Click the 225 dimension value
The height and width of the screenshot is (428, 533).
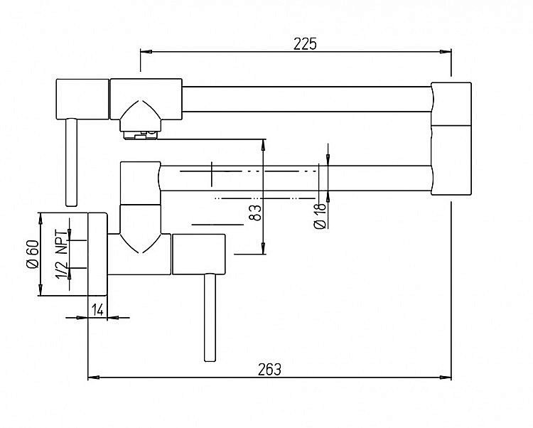(x=305, y=44)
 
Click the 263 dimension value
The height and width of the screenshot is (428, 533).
(x=269, y=370)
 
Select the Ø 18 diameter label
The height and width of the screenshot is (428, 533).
(x=321, y=216)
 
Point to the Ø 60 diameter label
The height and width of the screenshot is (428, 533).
(x=33, y=255)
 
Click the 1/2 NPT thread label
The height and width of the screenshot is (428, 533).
(x=62, y=254)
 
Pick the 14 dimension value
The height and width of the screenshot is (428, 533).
(x=97, y=310)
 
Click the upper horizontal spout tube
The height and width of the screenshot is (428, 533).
(x=306, y=99)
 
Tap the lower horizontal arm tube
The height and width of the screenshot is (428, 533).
(x=296, y=178)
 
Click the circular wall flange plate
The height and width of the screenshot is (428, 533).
(x=97, y=254)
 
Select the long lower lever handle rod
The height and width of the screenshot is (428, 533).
(x=210, y=318)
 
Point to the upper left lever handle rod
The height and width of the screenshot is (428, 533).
(x=71, y=163)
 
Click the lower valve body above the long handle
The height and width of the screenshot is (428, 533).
(x=199, y=254)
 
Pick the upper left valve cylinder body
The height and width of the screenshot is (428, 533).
(x=82, y=100)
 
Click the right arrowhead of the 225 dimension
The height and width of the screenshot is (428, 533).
(x=446, y=52)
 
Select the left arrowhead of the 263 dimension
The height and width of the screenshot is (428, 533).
(x=94, y=377)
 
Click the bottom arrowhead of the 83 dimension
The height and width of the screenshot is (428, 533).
(x=263, y=248)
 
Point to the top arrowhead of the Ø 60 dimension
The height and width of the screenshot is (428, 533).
(x=41, y=218)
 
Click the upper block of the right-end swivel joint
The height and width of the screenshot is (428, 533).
(x=451, y=104)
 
